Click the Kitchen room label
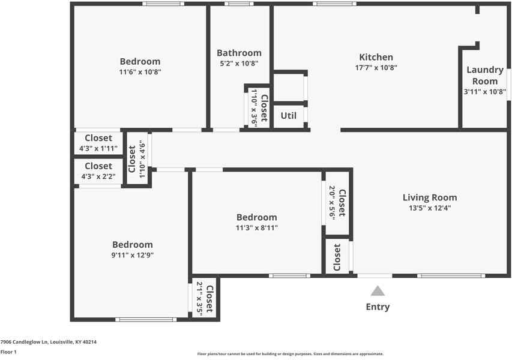coord(376,57)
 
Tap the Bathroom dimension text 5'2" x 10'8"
coord(239,63)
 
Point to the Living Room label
coord(429,197)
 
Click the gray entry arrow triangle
coord(378,291)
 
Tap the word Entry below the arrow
coord(378,307)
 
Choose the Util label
coord(289,115)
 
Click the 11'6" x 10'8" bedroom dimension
coord(140,71)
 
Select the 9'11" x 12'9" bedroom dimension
coord(132,254)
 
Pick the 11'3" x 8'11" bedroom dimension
coord(256,227)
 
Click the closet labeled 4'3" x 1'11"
coord(98,148)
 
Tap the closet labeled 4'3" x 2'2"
coord(98,176)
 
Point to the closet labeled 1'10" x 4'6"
coord(137,159)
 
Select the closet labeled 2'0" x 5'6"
coord(337,203)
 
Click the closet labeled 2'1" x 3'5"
coord(204,298)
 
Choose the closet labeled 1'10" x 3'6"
coord(259,107)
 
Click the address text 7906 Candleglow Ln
coord(49,342)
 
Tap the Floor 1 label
coord(8,352)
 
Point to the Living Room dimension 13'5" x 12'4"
coord(429,208)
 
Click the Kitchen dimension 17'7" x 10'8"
coord(376,68)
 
